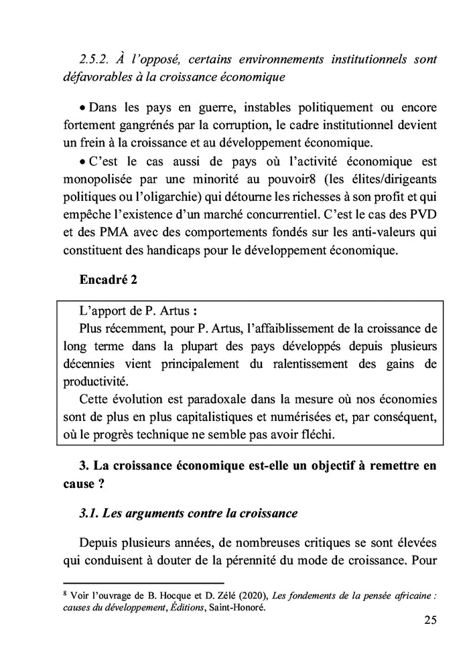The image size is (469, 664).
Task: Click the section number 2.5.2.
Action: click(x=95, y=60)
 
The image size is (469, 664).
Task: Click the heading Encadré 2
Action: click(x=108, y=280)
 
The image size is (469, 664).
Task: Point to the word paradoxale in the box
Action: click(x=209, y=400)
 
